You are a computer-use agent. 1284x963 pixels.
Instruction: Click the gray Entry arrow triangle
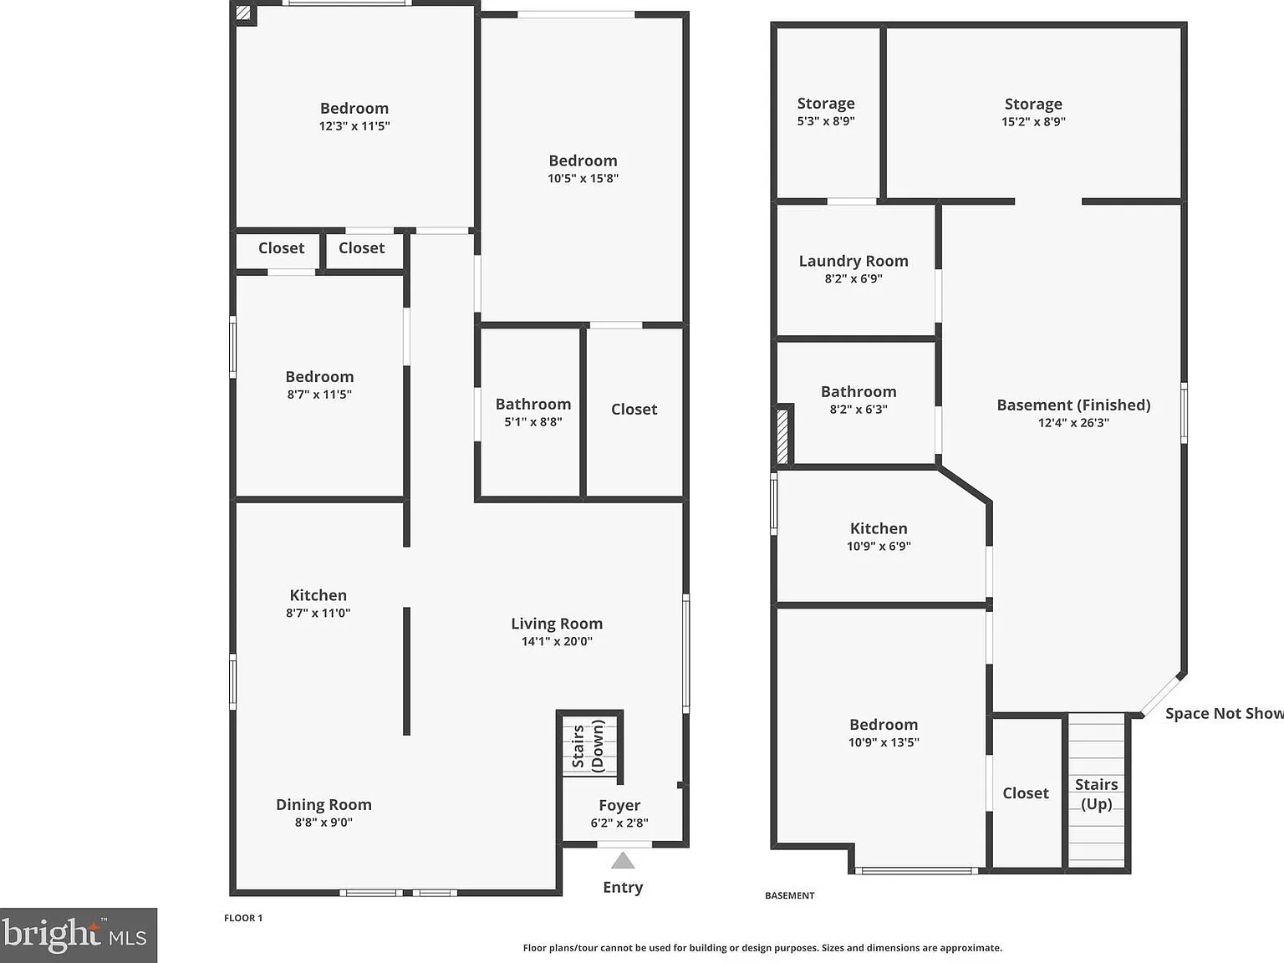coord(623,861)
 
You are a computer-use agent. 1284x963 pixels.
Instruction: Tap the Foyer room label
coord(619,805)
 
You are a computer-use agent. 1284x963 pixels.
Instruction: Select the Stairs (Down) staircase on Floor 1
coord(589,746)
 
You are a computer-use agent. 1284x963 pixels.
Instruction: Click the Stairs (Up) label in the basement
coord(1096,794)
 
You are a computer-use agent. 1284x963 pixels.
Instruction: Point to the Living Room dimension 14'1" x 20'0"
coord(557,641)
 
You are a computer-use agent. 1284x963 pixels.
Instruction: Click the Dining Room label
coord(324,804)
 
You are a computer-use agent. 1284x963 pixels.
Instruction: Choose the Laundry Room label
coord(853,261)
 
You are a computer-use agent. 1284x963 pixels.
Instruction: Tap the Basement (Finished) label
coord(1073,405)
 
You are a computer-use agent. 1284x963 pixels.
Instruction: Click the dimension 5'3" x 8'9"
coord(826,121)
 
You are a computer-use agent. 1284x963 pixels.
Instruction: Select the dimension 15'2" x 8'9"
coord(1033,121)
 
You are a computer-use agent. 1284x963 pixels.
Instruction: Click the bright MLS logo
coord(79,935)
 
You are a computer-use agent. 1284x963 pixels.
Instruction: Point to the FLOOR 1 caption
coord(243,918)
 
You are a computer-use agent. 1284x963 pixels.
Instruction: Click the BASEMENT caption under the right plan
coord(790,895)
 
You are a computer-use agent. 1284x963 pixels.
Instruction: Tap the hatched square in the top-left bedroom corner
coord(243,13)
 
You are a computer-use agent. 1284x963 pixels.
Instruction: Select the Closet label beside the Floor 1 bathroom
coord(634,410)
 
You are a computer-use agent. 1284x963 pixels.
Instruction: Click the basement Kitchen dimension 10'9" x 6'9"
coord(879,546)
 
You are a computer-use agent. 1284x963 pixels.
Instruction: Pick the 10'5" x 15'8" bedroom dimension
coord(583,178)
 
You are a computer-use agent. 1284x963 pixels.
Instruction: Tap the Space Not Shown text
coord(1225,713)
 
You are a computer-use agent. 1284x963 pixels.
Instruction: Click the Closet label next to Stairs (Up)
coord(1026,792)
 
